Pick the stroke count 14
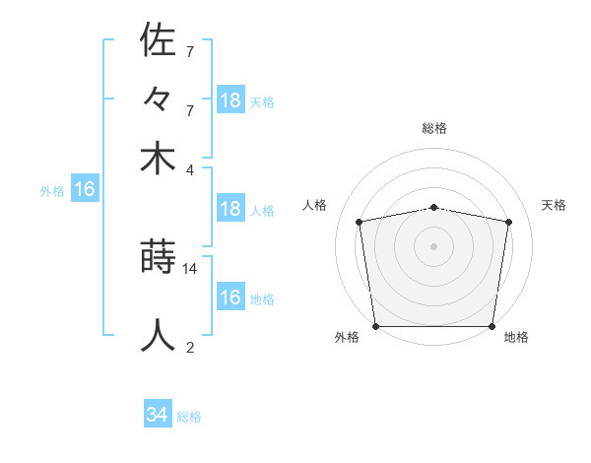click(x=190, y=268)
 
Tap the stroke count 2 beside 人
click(x=190, y=347)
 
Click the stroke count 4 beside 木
click(x=190, y=169)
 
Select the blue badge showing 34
click(x=158, y=416)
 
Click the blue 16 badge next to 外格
click(x=85, y=190)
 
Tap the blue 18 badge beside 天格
click(x=230, y=100)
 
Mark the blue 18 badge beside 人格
click(x=230, y=209)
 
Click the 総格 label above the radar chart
click(x=434, y=128)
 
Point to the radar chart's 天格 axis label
click(x=555, y=205)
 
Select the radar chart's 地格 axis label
click(x=516, y=338)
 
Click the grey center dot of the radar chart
click(x=434, y=246)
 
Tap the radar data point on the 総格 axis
click(x=434, y=207)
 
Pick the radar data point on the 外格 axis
click(x=375, y=326)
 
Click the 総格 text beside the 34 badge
click(x=189, y=417)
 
